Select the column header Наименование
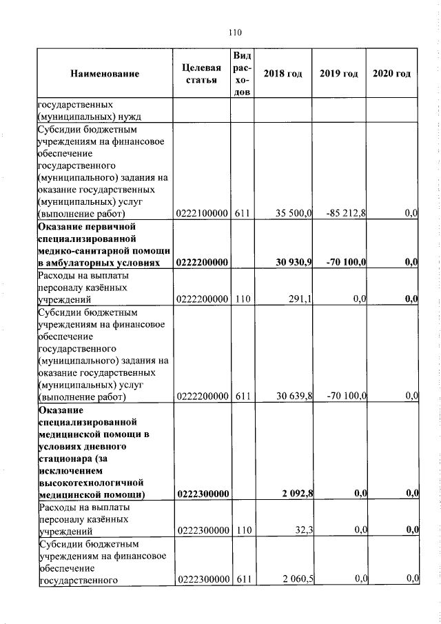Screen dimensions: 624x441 [x=104, y=74]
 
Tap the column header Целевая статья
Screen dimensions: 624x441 [x=201, y=74]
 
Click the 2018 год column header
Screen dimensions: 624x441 [x=283, y=74]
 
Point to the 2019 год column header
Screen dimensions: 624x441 [x=339, y=74]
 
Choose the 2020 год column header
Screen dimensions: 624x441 [x=391, y=74]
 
